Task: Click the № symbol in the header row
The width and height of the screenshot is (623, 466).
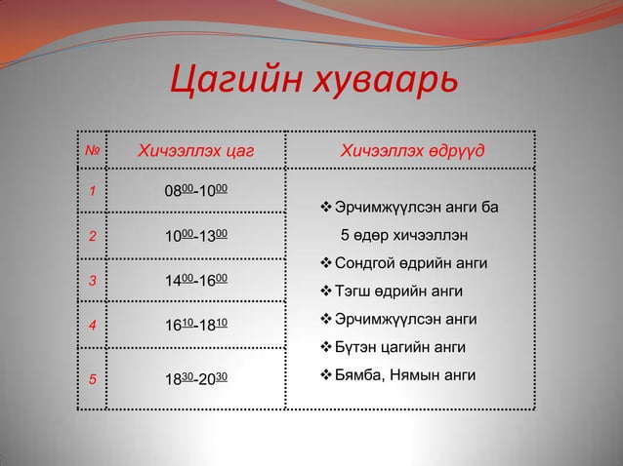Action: [x=92, y=151]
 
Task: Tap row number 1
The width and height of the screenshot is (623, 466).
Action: [x=93, y=191]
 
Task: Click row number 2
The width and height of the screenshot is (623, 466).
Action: [x=93, y=236]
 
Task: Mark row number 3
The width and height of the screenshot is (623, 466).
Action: [x=93, y=282]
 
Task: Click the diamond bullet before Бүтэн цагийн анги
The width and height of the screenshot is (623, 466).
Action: [x=326, y=347]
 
